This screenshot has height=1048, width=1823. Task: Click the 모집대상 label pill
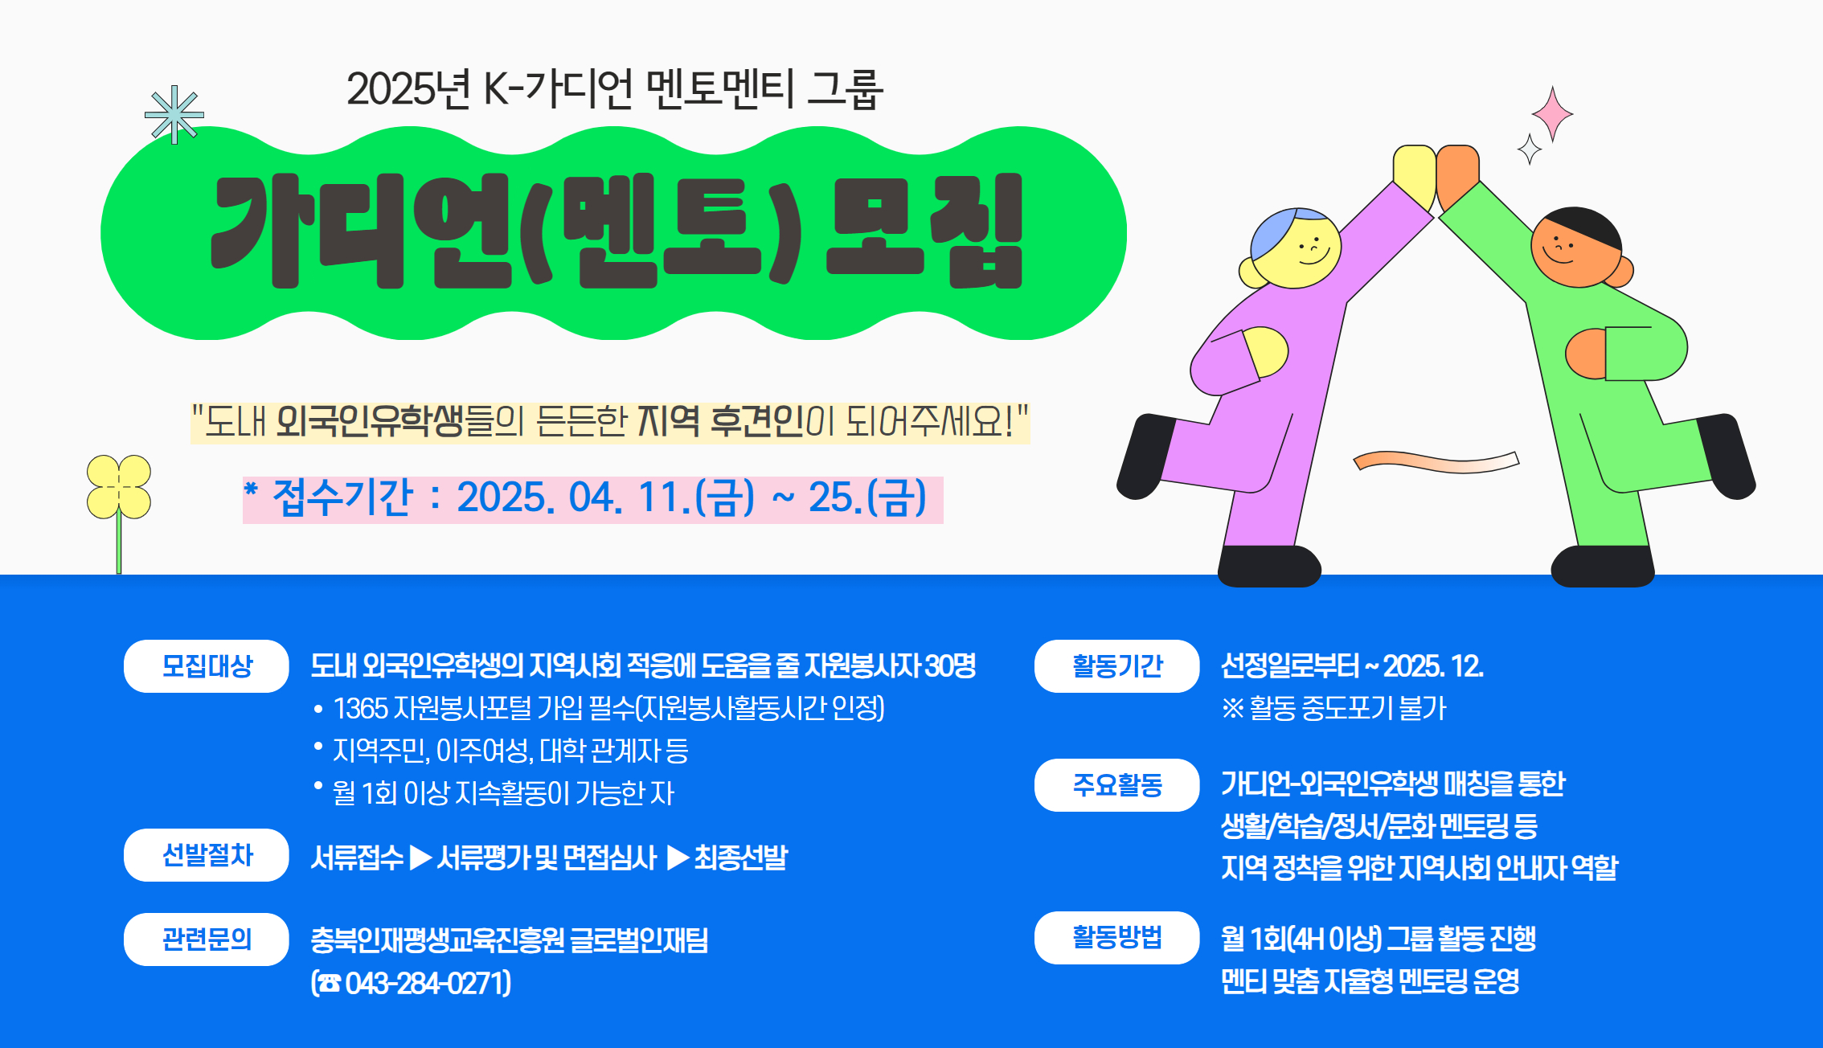207,666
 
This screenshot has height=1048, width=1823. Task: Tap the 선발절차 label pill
207,855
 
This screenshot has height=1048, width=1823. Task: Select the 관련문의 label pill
207,940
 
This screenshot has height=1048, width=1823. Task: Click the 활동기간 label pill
1117,666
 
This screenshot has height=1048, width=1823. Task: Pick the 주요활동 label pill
1117,785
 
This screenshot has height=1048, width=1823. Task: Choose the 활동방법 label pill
1117,938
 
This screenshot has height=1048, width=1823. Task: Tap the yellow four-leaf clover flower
119,487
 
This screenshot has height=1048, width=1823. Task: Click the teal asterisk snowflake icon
174,115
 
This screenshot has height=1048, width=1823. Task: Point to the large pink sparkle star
1552,114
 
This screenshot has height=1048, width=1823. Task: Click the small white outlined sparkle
1530,149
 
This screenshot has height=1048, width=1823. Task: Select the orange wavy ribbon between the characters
1436,461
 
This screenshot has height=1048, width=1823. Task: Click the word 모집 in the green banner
924,231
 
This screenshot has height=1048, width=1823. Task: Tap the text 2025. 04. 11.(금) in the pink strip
606,497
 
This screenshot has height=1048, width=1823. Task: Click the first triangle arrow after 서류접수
420,858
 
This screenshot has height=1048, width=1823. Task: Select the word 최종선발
741,858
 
